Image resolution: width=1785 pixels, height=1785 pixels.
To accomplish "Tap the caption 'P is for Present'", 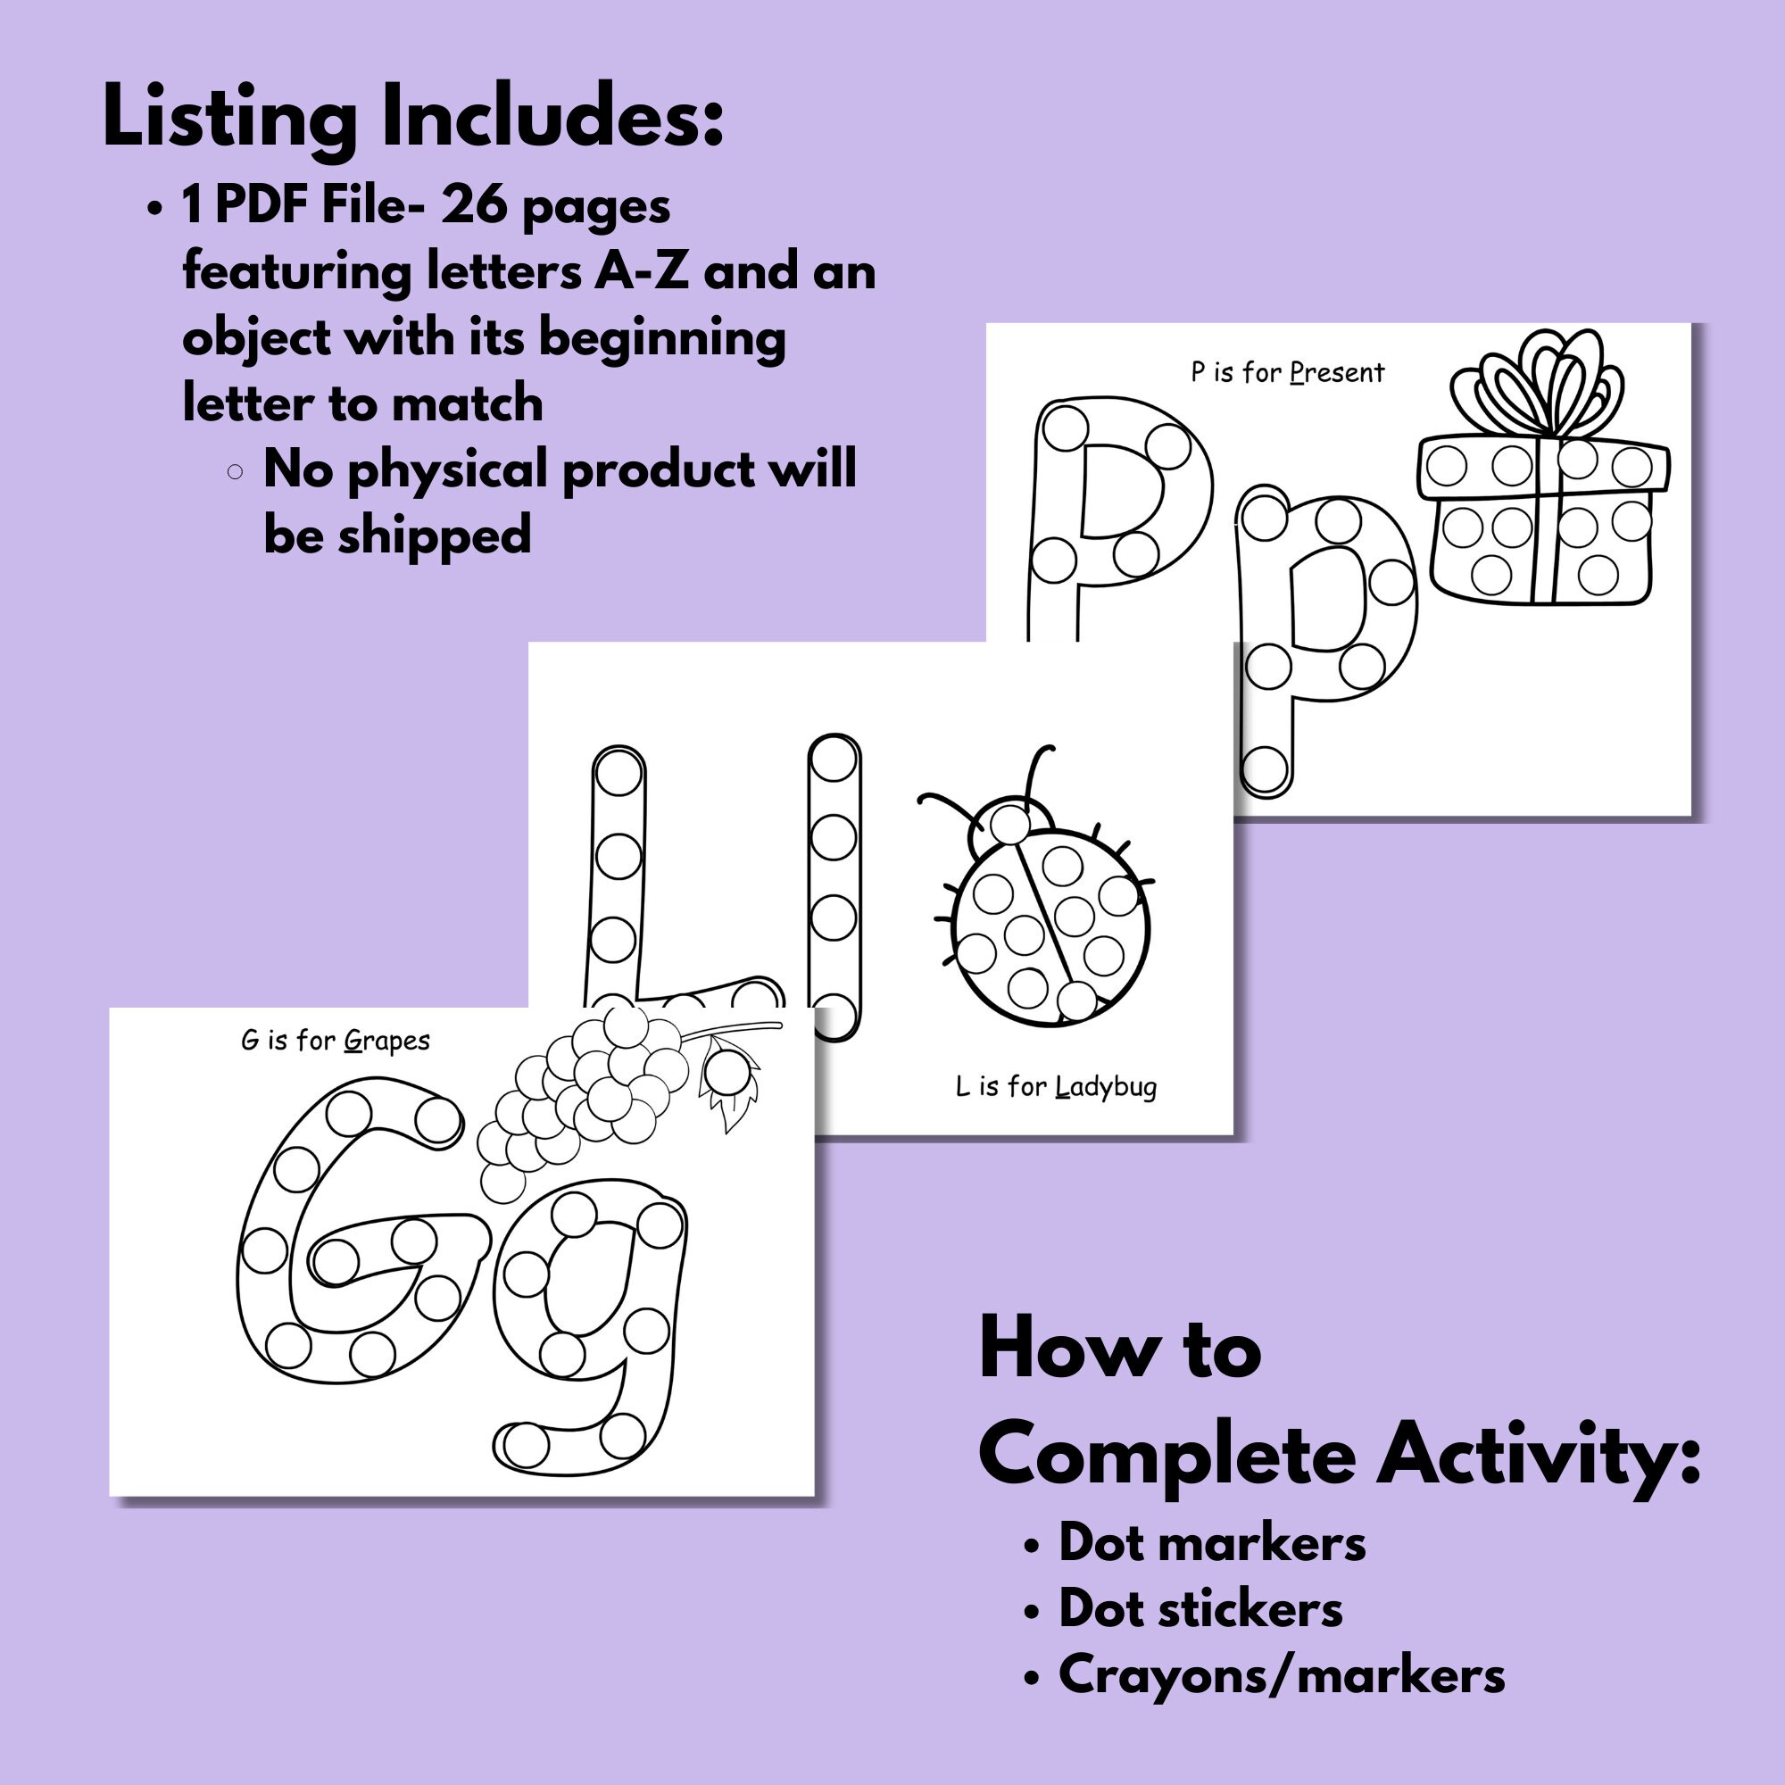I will click(x=1287, y=373).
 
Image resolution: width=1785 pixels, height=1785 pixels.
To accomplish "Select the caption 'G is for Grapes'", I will click(x=336, y=1042).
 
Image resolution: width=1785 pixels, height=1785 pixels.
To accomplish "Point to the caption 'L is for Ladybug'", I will click(x=1055, y=1086).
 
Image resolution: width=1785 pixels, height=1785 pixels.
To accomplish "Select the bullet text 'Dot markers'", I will click(x=1211, y=1543).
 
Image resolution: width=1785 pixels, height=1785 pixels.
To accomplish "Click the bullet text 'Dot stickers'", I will click(x=1200, y=1608).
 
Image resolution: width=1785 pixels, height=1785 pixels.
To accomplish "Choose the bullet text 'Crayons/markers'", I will click(x=1282, y=1674).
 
